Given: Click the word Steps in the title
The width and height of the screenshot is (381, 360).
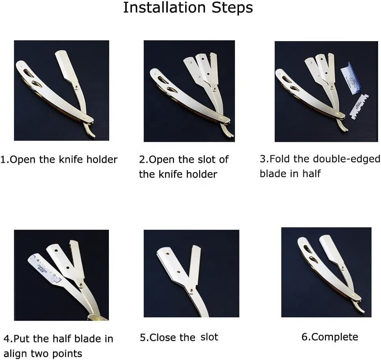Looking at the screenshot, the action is coord(232,8).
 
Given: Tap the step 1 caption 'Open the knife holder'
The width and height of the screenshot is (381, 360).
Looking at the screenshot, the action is coord(64,159).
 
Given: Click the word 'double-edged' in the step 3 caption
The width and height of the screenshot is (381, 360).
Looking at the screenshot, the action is coord(347,159).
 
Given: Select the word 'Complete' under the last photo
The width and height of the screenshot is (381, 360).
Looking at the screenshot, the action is coord(335,337).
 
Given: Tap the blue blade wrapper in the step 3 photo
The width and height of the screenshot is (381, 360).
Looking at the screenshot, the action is coord(351,78).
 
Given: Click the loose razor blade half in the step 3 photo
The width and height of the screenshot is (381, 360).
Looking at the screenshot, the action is coord(359,107).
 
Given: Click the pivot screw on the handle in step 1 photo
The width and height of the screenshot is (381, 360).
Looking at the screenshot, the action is coord(84,118).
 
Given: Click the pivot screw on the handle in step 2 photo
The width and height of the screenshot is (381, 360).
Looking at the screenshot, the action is coord(220,118).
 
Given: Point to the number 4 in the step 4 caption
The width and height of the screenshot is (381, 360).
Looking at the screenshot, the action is coord(6,339).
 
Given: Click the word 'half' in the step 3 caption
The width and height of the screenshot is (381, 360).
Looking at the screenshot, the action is coord(312,174).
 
